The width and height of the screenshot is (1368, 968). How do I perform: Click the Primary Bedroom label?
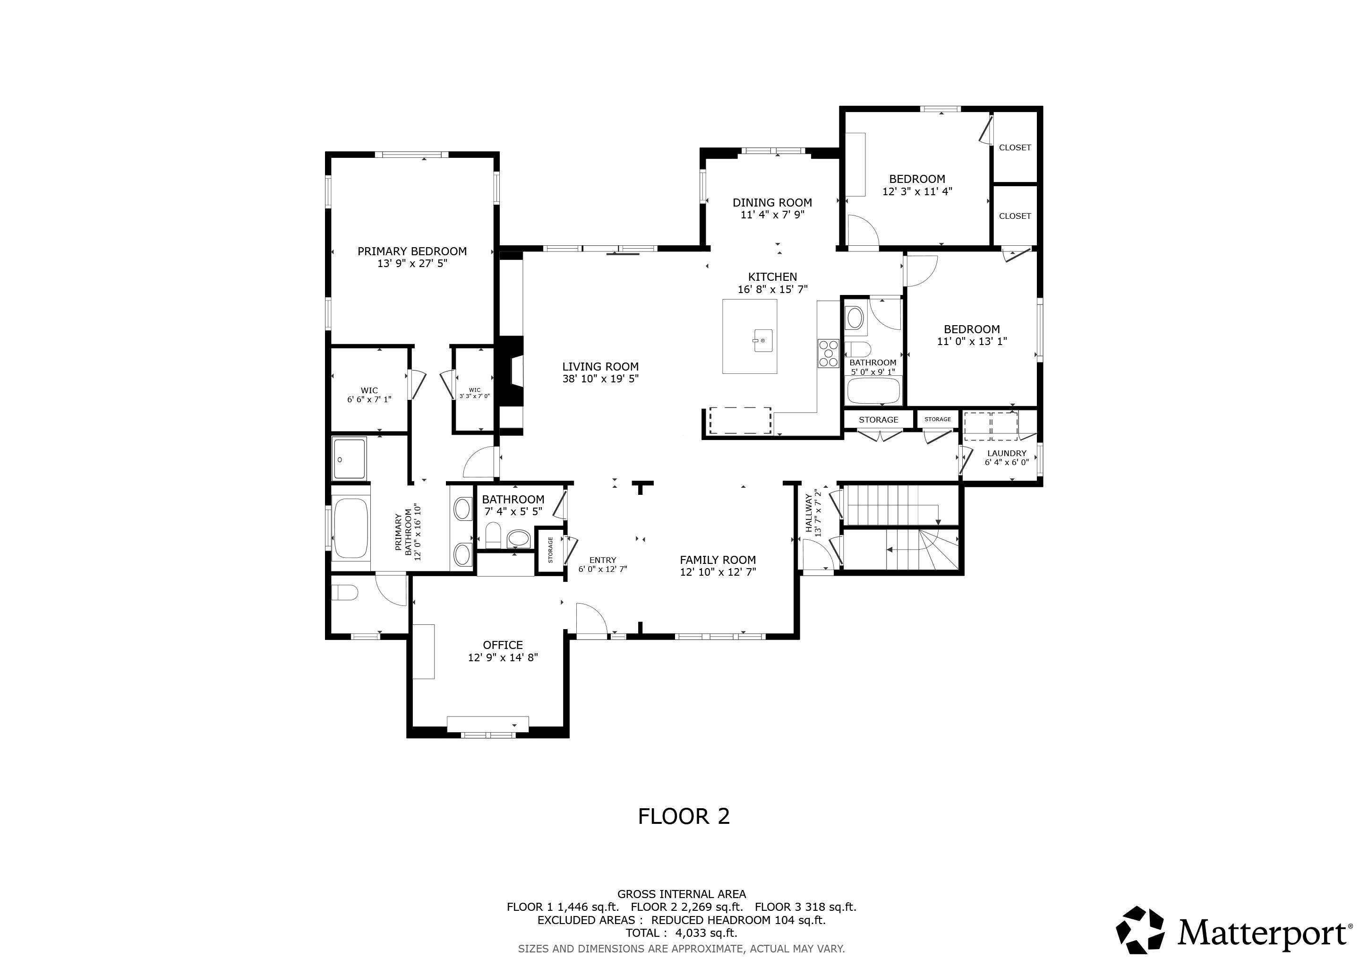(412, 251)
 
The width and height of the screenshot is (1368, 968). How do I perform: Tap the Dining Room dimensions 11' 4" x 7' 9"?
(772, 215)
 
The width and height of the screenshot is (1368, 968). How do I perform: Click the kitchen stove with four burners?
(828, 353)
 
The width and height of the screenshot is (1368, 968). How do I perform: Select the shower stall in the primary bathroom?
(349, 458)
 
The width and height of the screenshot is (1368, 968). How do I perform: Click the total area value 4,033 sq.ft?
(706, 933)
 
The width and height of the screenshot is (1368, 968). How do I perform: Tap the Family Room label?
(718, 560)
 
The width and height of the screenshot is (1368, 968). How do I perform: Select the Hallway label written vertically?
(809, 513)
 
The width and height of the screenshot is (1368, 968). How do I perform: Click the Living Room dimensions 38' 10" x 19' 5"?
(600, 379)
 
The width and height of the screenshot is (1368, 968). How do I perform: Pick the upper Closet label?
(1015, 148)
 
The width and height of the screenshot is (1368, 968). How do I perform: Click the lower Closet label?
(1015, 216)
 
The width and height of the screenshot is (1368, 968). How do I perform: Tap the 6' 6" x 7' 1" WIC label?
(369, 399)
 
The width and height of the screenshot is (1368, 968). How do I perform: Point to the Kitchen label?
(772, 277)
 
